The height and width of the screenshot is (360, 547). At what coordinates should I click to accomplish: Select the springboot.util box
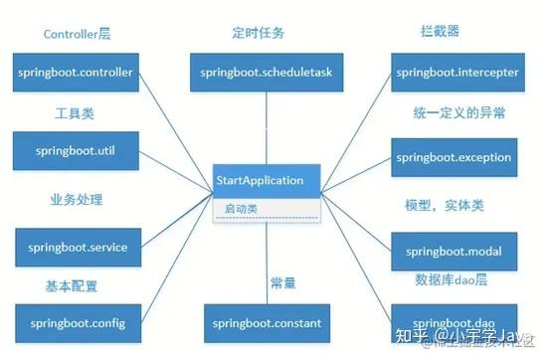pyautogui.click(x=75, y=151)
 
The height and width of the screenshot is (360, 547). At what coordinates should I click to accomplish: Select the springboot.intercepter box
pyautogui.click(x=454, y=74)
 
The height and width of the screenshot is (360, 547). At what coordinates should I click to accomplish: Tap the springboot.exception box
pyautogui.click(x=454, y=157)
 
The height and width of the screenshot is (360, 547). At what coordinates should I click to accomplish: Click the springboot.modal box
pyautogui.click(x=454, y=250)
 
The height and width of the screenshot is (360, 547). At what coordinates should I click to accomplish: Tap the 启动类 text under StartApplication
pyautogui.click(x=241, y=210)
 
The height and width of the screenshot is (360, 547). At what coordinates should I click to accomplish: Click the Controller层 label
pyautogui.click(x=78, y=34)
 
